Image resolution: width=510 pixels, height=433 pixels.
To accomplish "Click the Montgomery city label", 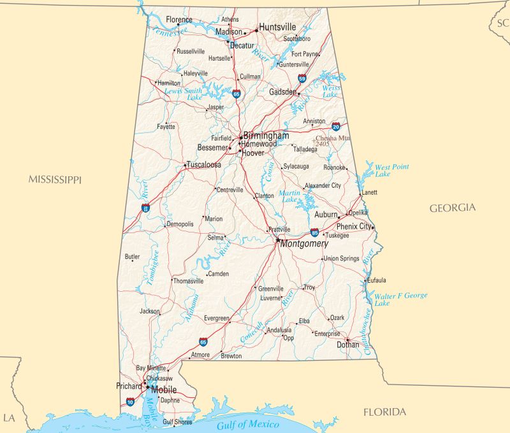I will [304, 244].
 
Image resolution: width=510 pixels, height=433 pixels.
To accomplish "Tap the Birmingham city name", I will [266, 136].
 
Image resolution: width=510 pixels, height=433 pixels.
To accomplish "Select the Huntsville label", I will [277, 27].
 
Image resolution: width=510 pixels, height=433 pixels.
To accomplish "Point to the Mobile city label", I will [164, 390].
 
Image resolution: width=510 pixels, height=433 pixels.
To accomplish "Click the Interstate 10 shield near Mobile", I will [130, 402].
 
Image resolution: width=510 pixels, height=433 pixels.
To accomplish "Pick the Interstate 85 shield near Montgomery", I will [314, 232].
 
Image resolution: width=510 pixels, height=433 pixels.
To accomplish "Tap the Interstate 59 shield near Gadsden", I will [302, 79].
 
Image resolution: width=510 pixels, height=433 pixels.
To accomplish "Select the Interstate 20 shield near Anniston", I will [335, 126].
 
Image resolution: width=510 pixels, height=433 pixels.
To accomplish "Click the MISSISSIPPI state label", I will [55, 180].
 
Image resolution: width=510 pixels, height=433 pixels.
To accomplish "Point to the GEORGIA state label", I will [452, 208].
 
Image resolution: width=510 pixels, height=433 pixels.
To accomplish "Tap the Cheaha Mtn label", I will [332, 139].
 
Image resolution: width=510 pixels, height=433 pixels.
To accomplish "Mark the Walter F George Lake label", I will [400, 299].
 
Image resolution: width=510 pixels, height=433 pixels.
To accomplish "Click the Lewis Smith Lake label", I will [184, 94].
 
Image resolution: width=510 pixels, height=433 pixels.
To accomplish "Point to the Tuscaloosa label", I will [204, 165].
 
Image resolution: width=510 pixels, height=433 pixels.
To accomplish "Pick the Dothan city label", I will [348, 345].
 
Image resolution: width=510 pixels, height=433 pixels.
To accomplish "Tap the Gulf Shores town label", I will [177, 422].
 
